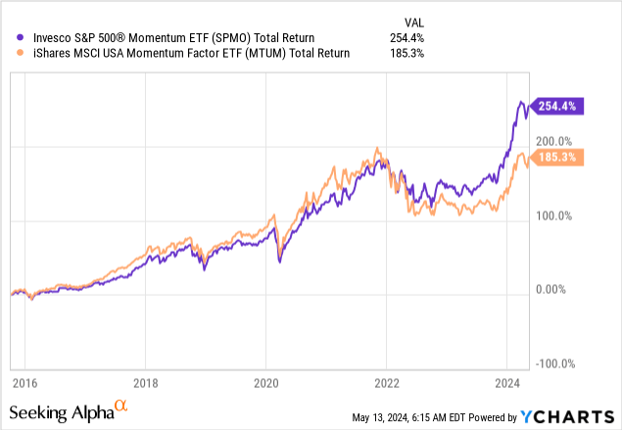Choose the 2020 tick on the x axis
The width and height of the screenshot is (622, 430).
266,383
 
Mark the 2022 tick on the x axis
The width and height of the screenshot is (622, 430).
387,383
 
